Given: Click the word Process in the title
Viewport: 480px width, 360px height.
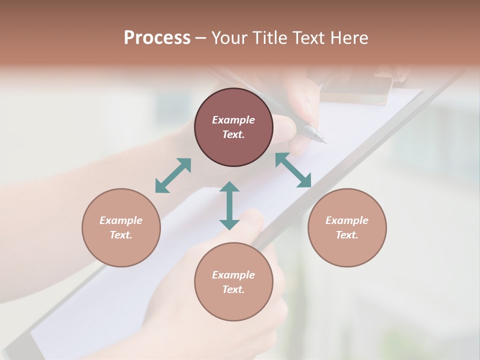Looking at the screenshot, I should tap(157, 38).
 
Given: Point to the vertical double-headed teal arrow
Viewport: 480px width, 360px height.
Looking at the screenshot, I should tap(229, 205).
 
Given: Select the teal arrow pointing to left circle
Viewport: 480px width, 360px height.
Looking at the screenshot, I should tap(173, 175).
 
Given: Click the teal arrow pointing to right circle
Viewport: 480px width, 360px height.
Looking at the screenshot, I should tap(293, 170).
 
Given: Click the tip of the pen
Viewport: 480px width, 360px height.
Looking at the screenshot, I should tap(325, 141).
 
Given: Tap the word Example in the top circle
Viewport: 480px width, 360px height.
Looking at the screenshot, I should tap(233, 120).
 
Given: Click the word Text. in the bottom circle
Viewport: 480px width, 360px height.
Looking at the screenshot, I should tap(233, 289).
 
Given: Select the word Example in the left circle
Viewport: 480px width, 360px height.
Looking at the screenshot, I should tap(121, 220).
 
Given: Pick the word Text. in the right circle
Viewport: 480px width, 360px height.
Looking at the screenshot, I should tap(347, 235).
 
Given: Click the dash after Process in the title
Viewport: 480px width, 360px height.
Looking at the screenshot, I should tap(200, 38).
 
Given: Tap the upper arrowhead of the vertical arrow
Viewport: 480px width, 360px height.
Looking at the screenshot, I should tap(229, 186).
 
